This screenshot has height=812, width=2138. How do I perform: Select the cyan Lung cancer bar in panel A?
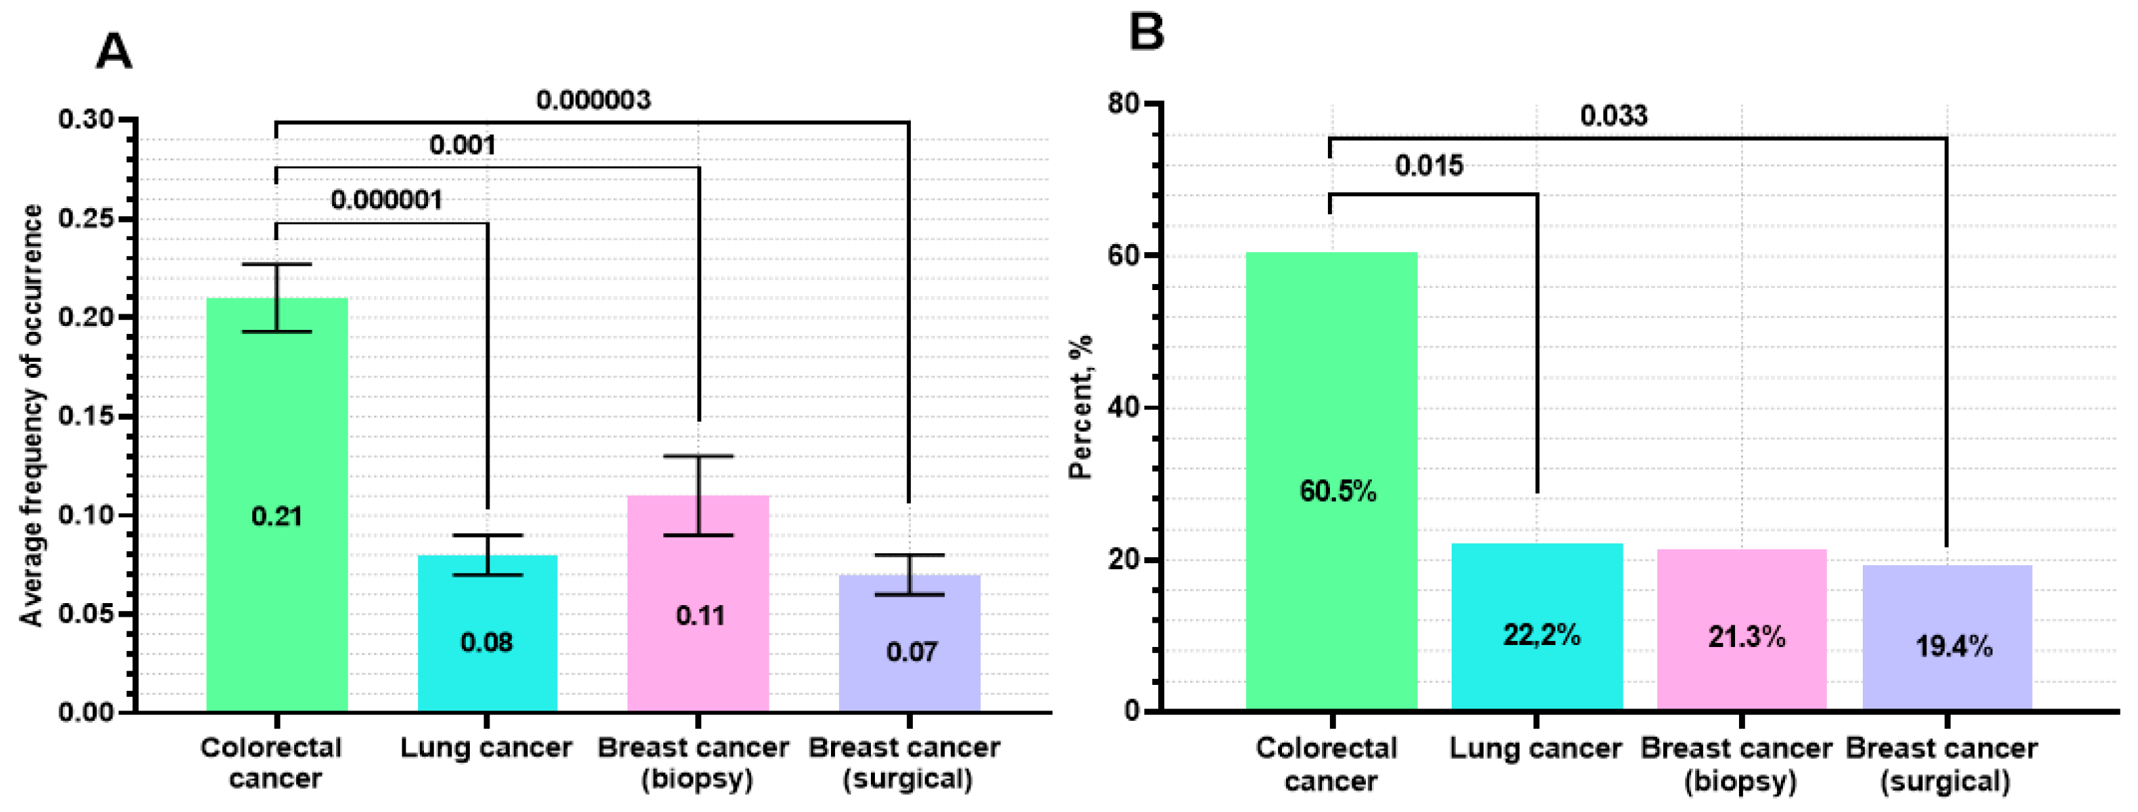point(488,633)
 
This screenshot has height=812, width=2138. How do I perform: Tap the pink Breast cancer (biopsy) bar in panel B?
point(1741,629)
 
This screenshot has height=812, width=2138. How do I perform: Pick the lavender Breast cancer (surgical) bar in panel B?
point(1947,637)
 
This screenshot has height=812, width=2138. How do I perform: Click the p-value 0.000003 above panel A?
point(594,101)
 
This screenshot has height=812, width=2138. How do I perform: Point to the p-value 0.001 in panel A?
point(462,145)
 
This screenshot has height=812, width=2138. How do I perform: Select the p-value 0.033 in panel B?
point(1613,116)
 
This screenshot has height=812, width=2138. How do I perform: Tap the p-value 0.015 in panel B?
point(1429,166)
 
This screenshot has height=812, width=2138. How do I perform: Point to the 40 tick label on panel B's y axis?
point(1124,408)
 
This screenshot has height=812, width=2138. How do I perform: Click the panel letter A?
point(114,52)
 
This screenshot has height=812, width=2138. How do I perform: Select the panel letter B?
point(1146,33)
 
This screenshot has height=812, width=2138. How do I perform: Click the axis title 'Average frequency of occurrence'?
point(32,415)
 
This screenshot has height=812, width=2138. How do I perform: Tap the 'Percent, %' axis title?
point(1080,407)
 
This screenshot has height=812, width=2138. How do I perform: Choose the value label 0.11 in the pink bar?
point(700,615)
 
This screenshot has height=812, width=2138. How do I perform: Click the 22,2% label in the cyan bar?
point(1541,635)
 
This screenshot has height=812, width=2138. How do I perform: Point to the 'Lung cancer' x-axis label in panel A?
point(486,748)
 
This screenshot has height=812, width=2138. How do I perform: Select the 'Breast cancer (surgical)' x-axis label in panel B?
point(1941,765)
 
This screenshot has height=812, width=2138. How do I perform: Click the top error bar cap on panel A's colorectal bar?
point(277,264)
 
